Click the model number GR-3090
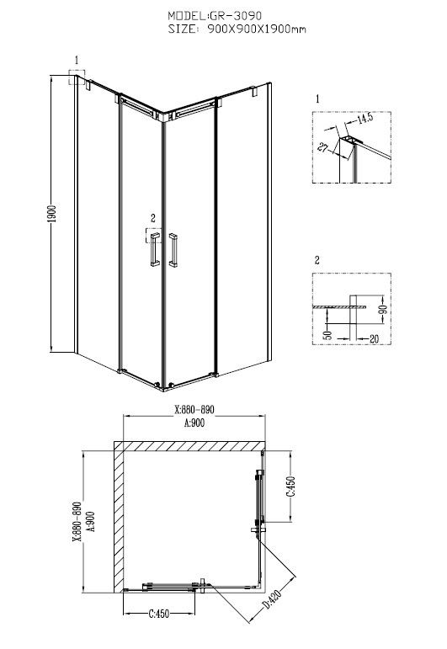pos(236,16)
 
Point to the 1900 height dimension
pos(51,215)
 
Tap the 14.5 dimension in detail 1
pos(365,119)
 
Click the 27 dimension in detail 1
pos(324,146)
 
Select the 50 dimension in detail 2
pos(327,334)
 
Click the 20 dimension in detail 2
pos(374,339)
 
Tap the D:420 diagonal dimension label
pos(272,600)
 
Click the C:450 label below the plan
pos(159,614)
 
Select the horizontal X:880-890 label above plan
pos(194,410)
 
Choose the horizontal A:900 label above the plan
pos(194,423)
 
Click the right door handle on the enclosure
pos(173,250)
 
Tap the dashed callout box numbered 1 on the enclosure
pos(77,77)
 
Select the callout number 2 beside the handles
pos(153,218)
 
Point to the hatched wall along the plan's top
pos(189,446)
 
